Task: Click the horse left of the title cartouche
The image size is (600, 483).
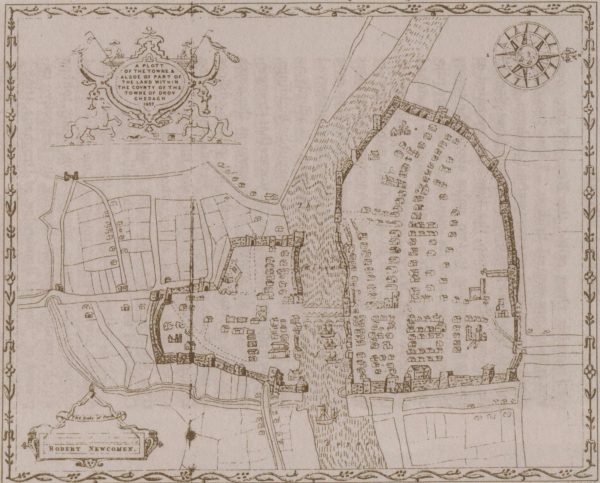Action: coord(84,121)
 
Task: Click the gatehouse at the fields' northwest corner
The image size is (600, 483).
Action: coord(71,177)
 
